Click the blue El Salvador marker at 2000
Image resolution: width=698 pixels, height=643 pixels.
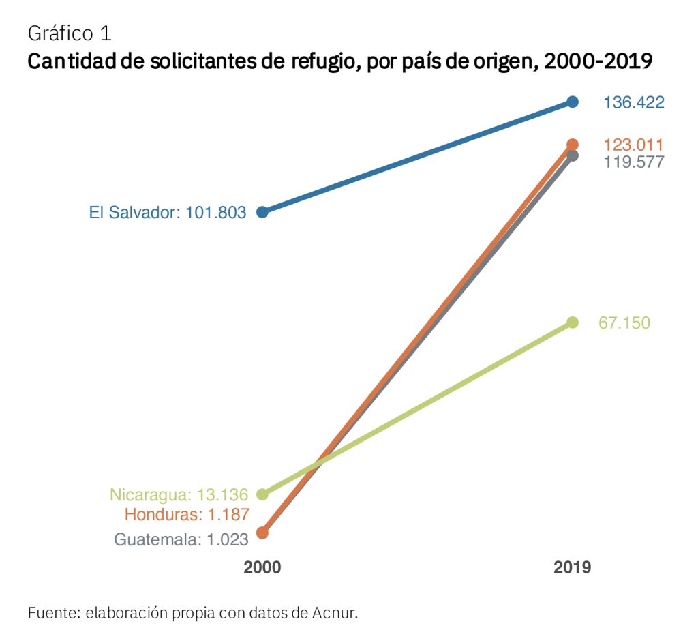[x=262, y=212]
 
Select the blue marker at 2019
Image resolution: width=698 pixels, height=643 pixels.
[x=573, y=102]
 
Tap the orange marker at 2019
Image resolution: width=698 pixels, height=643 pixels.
[x=573, y=144]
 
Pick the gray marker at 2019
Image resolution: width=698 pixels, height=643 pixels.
[x=573, y=156]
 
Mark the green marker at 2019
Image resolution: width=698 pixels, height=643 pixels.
[x=573, y=323]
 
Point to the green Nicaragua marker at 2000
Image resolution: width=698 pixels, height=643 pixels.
[x=262, y=494]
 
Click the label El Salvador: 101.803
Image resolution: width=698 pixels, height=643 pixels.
[x=168, y=213]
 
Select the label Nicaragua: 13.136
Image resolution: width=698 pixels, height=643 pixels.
[x=179, y=494]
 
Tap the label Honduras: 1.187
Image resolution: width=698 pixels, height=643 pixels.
[x=187, y=514]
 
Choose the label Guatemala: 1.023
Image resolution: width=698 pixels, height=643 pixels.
[x=181, y=539]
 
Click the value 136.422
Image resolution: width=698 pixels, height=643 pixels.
[x=633, y=103]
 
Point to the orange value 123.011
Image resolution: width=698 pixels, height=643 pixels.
[x=633, y=145]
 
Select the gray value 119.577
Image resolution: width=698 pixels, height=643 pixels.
[x=633, y=162]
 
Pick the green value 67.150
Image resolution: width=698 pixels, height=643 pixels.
[x=624, y=323]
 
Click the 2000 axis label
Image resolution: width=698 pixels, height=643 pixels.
[x=262, y=568]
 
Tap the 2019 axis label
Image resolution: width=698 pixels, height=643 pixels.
[x=573, y=568]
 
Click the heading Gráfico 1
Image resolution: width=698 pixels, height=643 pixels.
[x=70, y=33]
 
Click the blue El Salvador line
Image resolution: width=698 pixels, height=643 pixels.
[x=417, y=157]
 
